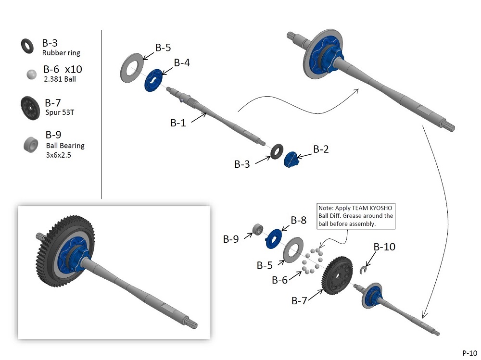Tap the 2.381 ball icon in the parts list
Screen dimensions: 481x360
tap(31, 74)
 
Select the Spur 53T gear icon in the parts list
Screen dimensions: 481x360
tap(30, 108)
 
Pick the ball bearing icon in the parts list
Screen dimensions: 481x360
tap(31, 144)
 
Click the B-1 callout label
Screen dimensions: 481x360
tap(178, 123)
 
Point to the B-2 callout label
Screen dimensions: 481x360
tap(321, 149)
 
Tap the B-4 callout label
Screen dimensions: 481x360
tap(182, 62)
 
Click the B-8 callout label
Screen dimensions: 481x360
tap(299, 220)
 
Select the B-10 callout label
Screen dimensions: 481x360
tap(384, 247)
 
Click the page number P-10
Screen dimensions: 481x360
tap(470, 353)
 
